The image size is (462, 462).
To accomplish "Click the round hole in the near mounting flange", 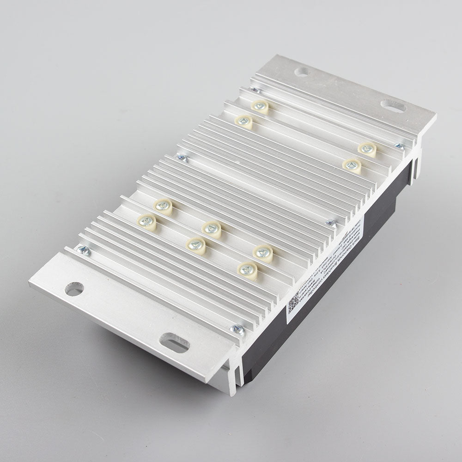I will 74,289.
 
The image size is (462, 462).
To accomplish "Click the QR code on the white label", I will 294,305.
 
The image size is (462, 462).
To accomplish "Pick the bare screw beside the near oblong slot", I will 239,329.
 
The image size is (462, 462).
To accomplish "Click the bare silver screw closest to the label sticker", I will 331,224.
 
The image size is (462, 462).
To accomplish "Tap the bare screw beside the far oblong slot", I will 397,146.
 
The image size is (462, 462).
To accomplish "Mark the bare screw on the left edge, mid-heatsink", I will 183,158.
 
